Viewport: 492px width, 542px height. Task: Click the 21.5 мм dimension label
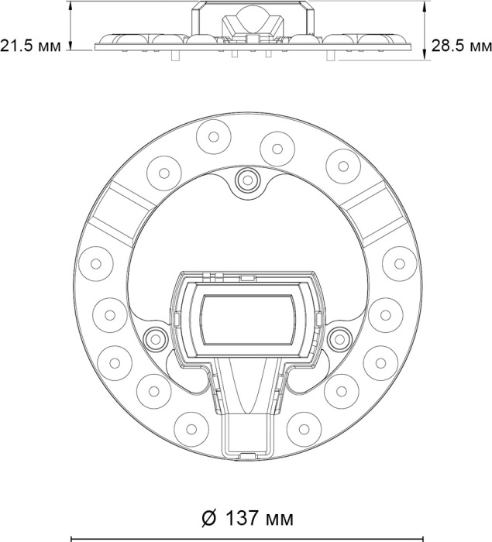pyautogui.click(x=30, y=46)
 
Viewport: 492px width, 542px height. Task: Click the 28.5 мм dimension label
pyautogui.click(x=462, y=46)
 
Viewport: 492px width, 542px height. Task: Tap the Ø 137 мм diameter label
pyautogui.click(x=247, y=518)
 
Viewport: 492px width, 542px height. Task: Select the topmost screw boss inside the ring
pyautogui.click(x=247, y=180)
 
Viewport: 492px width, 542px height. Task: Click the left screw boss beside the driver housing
pyautogui.click(x=155, y=339)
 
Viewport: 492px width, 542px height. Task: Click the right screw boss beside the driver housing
pyautogui.click(x=339, y=339)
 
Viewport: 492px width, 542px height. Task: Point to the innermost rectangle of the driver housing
pyautogui.click(x=248, y=320)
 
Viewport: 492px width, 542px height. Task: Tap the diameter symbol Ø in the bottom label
pyautogui.click(x=209, y=518)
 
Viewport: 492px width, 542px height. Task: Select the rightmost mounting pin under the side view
pyautogui.click(x=331, y=56)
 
